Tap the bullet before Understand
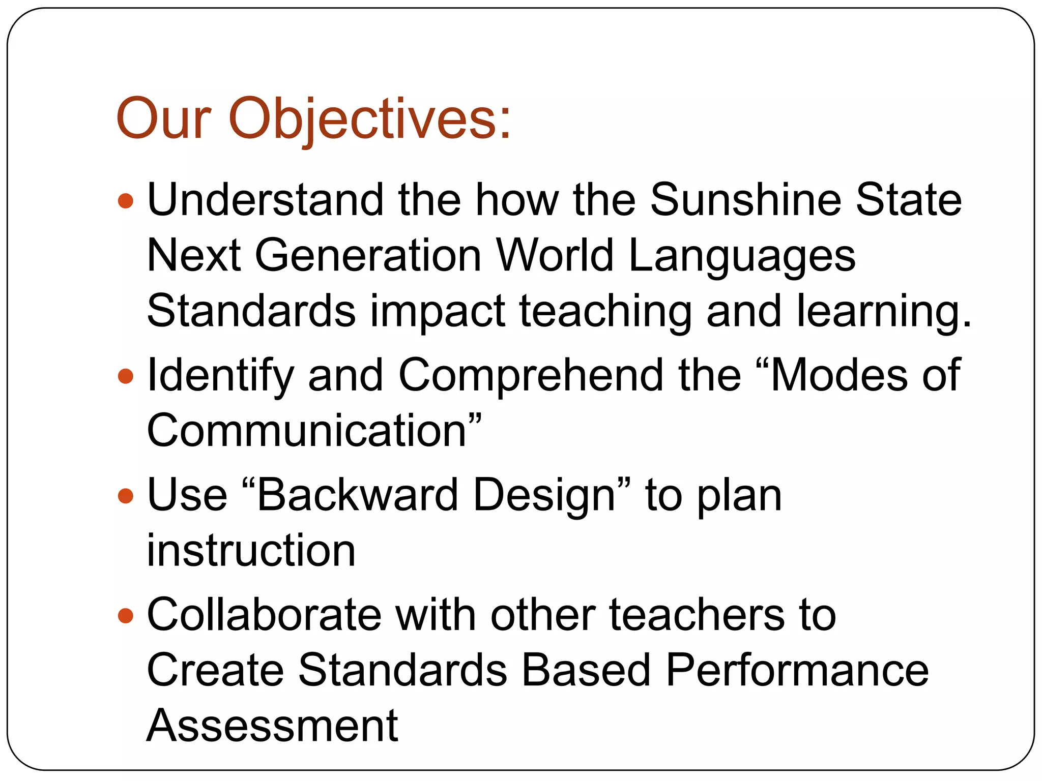click(x=125, y=201)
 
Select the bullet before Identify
click(x=125, y=376)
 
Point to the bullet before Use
click(x=125, y=496)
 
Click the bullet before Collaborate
click(x=125, y=616)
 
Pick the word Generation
click(x=368, y=255)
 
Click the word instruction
click(x=251, y=551)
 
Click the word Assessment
click(x=272, y=726)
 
